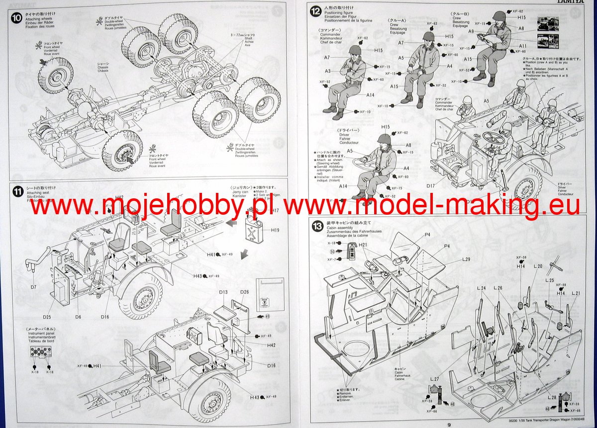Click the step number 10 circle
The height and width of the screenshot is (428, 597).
tap(16, 16)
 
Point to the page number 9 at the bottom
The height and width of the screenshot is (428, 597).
tap(448, 424)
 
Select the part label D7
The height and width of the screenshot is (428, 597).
tap(34, 287)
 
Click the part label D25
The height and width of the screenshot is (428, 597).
tap(47, 317)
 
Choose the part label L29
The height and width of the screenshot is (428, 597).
tap(466, 259)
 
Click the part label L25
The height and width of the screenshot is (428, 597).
tap(549, 280)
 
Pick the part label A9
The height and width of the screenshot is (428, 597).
tap(470, 32)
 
